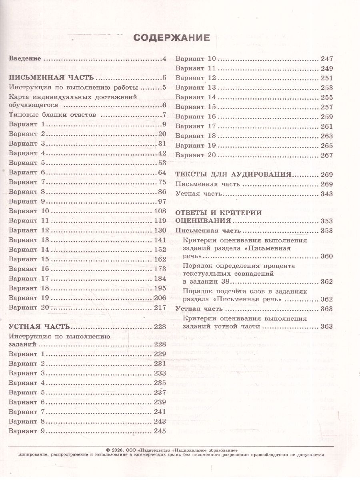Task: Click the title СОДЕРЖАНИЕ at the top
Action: pyautogui.click(x=171, y=38)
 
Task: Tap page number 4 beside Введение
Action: pyautogui.click(x=164, y=59)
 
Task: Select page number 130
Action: pyautogui.click(x=160, y=230)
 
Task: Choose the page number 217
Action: pyautogui.click(x=160, y=307)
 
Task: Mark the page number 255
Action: pyautogui.click(x=327, y=97)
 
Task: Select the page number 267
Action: pyautogui.click(x=327, y=155)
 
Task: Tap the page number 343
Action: pyautogui.click(x=327, y=194)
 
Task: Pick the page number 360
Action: pyautogui.click(x=327, y=256)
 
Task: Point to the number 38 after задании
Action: pyautogui.click(x=211, y=282)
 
